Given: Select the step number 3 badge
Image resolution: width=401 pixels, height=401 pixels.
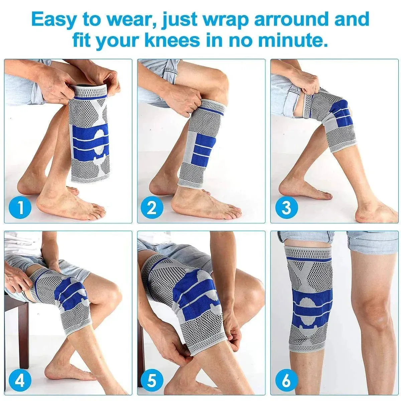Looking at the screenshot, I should tap(286, 208).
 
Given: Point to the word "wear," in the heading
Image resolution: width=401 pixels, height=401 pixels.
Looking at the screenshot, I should tap(134, 19).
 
